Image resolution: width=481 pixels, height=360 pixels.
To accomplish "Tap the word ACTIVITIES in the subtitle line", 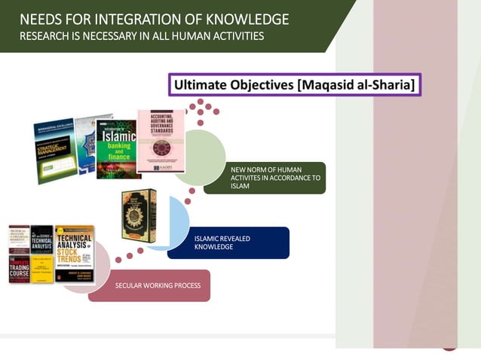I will click(235, 36).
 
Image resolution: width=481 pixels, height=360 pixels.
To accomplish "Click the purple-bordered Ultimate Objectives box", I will click(294, 84).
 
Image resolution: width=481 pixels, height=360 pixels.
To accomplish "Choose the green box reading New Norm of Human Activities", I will click(274, 178).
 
